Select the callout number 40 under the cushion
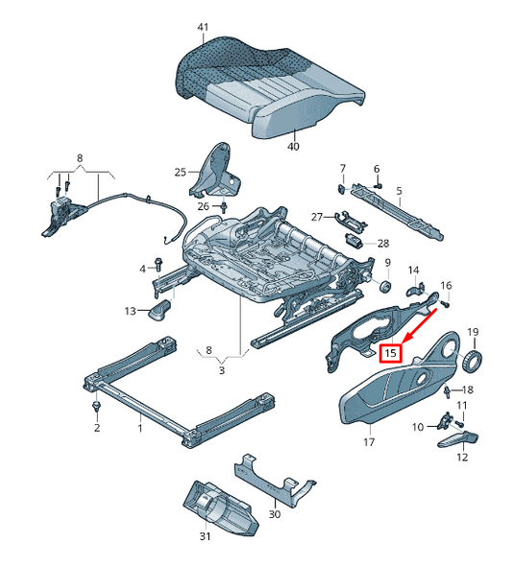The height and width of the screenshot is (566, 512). pyautogui.click(x=293, y=147)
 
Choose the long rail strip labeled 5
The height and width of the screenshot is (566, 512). pyautogui.click(x=399, y=207)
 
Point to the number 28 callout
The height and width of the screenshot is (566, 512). pyautogui.click(x=382, y=244)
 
